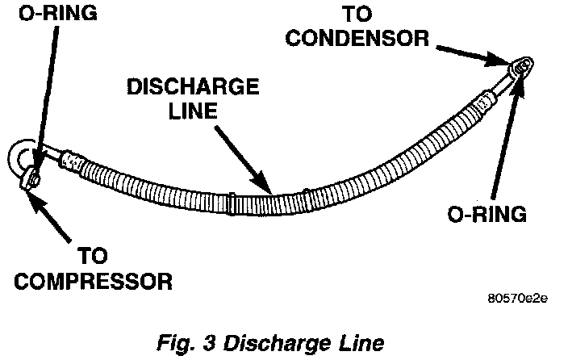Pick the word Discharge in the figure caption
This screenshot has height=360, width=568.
pos(274,341)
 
